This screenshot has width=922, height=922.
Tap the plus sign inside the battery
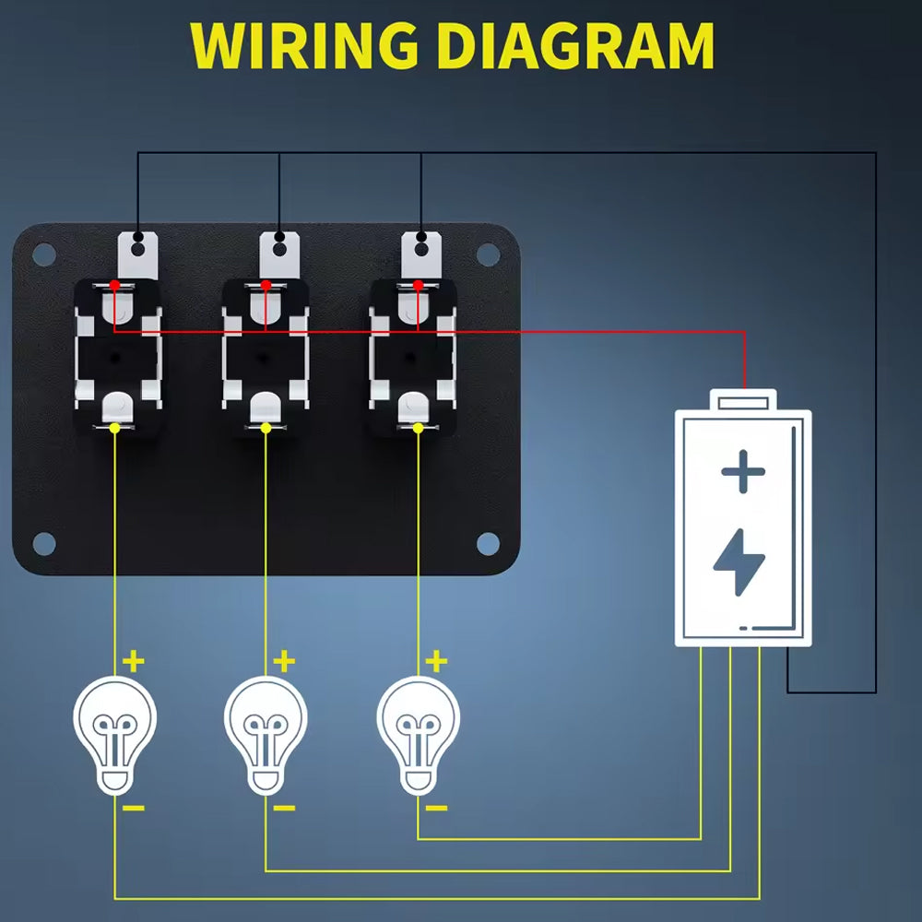tap(743, 475)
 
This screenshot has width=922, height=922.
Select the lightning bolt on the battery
tap(739, 561)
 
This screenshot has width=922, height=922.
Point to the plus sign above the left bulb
tap(135, 661)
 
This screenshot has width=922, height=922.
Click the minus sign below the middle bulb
tap(285, 809)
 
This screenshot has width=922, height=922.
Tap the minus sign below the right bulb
tap(437, 809)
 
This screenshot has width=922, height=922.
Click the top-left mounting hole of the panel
tap(43, 254)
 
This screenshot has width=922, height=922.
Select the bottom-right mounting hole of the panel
tap(488, 544)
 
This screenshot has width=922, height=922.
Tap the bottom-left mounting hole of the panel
tap(43, 544)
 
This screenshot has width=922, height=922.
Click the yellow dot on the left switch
tap(114, 428)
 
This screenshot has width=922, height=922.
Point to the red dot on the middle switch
tap(266, 286)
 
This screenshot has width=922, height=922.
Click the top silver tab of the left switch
tap(138, 251)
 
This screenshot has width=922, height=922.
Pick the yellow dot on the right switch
tap(418, 428)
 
